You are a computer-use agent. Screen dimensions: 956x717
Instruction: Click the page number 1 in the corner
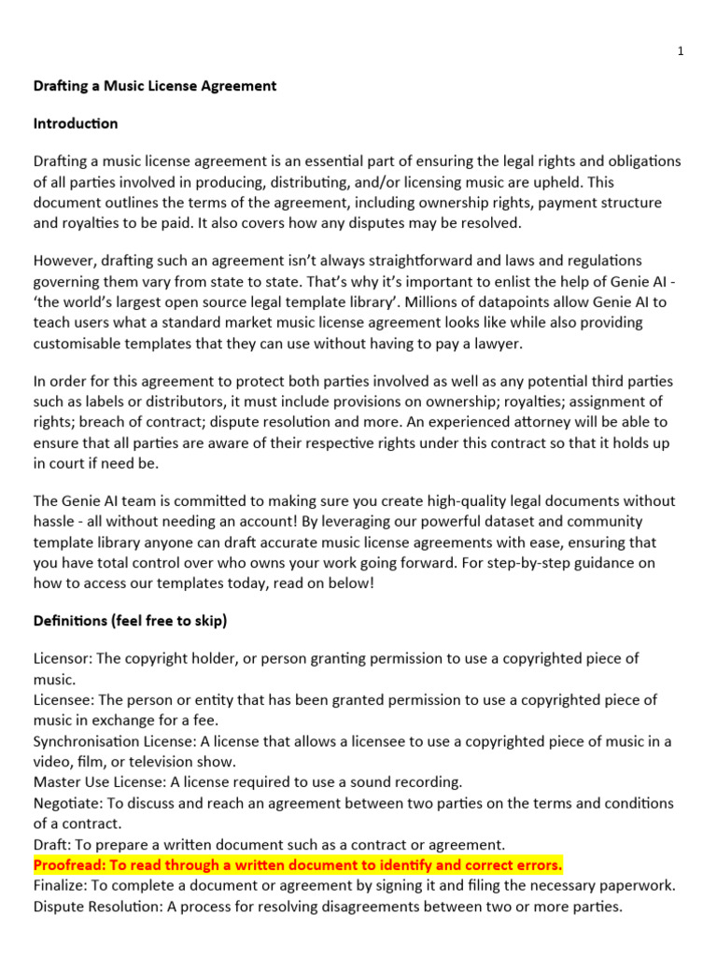[x=681, y=51]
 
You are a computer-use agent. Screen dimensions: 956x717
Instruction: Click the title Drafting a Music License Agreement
[x=155, y=86]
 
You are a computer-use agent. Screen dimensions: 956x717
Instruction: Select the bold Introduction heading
[x=76, y=123]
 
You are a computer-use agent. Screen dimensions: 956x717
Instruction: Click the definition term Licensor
[x=62, y=658]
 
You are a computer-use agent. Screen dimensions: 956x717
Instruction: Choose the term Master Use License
[x=97, y=781]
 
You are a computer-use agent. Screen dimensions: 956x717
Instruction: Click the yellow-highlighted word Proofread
[x=67, y=865]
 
